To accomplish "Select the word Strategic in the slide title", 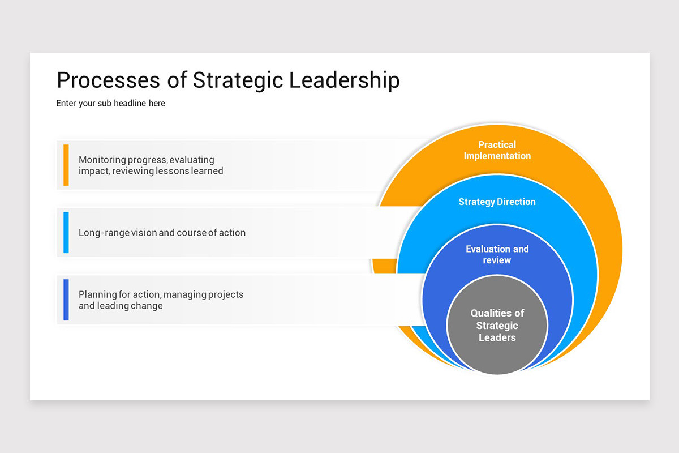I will pyautogui.click(x=238, y=80).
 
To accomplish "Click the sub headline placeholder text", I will pyautogui.click(x=111, y=104).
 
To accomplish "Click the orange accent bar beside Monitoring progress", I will pyautogui.click(x=66, y=165).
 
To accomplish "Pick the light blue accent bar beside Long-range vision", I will pyautogui.click(x=66, y=232).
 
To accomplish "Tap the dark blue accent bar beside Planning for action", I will pyautogui.click(x=66, y=300).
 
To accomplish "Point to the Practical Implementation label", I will pyautogui.click(x=497, y=150).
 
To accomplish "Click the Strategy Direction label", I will pyautogui.click(x=497, y=202).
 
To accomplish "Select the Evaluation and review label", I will pyautogui.click(x=497, y=254).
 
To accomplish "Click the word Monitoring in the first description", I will pyautogui.click(x=102, y=160).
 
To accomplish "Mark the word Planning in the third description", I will pyautogui.click(x=96, y=294).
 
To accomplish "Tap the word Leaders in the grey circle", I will pyautogui.click(x=497, y=337).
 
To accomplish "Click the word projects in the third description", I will pyautogui.click(x=226, y=294).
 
